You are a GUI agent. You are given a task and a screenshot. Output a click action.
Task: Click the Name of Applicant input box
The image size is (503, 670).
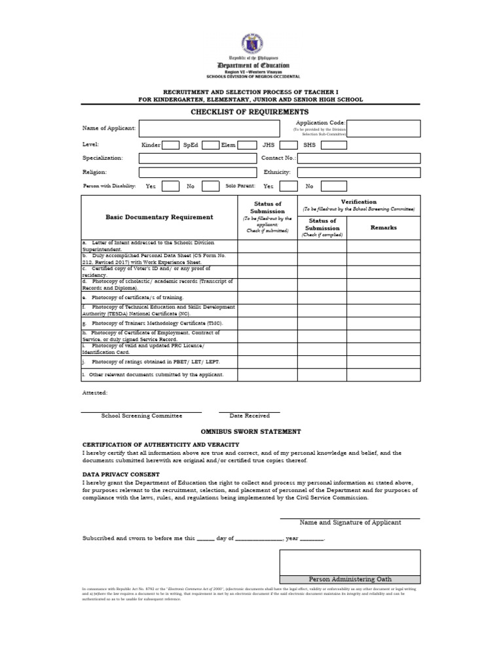click(214, 128)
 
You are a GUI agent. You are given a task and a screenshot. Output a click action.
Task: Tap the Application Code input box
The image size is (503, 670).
click(383, 128)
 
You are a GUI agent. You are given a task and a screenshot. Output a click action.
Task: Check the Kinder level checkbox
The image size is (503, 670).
click(170, 145)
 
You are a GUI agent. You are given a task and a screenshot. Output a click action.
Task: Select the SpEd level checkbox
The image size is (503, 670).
click(210, 145)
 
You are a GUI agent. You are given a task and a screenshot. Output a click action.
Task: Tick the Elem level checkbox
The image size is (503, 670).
click(247, 145)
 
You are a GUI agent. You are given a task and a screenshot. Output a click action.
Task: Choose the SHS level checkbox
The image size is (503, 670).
click(334, 145)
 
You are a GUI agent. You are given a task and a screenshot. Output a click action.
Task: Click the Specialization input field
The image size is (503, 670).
click(198, 158)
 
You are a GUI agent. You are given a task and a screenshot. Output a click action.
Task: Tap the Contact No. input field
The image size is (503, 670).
click(359, 158)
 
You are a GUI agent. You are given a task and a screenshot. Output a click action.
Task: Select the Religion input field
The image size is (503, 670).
click(198, 172)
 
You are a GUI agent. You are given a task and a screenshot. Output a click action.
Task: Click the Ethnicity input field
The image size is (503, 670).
click(359, 172)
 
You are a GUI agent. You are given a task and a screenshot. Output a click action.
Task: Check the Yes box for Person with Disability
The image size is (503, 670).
click(170, 186)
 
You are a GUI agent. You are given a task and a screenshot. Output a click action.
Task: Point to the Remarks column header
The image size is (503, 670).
click(383, 228)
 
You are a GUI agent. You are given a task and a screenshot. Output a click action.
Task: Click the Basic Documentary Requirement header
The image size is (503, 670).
click(159, 217)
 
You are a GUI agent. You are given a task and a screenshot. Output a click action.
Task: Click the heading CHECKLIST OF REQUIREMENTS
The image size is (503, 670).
click(249, 113)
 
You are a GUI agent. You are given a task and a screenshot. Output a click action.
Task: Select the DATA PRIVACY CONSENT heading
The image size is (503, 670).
click(121, 474)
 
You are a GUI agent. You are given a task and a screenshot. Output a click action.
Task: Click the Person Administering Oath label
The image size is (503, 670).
click(350, 579)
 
